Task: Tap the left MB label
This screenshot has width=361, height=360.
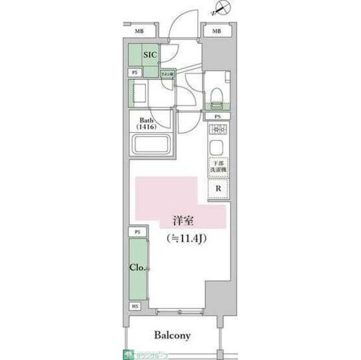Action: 138,31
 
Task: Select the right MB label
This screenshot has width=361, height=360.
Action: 216,31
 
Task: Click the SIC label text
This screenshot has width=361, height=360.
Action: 149,55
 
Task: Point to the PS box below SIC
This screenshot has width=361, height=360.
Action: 135,73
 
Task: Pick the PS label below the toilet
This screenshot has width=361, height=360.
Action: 217,116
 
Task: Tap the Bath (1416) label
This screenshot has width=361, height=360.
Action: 147,123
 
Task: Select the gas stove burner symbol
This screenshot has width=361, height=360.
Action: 217,131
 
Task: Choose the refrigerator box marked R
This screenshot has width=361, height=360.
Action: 219,189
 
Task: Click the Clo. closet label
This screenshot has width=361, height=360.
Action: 136,268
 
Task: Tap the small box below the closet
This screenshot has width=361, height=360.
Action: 136,306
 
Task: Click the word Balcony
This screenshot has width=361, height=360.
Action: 172,336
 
